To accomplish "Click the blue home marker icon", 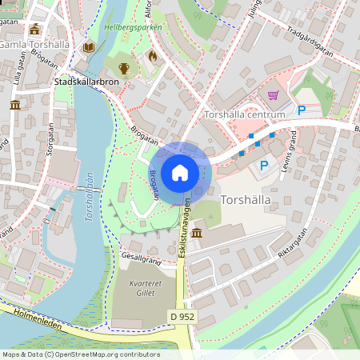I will point(180,172).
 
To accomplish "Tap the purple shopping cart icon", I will point(274,95).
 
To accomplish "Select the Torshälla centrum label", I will point(245,115).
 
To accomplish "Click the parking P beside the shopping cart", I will point(302,110).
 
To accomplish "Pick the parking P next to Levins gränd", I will point(263,166).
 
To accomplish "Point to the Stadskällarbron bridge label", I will point(86,82).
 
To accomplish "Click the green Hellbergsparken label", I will point(133,27).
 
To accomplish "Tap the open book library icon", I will point(88,47).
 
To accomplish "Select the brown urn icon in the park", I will point(124,68).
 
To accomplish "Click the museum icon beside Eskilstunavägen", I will point(197,233).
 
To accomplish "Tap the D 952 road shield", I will point(182,316).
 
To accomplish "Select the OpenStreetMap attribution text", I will point(80,354).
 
